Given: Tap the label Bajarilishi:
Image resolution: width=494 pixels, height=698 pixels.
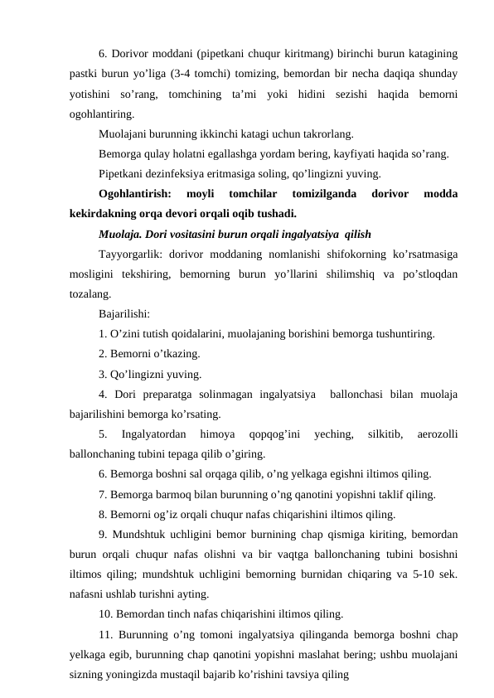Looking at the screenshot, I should [x=124, y=314].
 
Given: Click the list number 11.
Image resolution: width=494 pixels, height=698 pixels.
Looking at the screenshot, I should [x=104, y=634].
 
